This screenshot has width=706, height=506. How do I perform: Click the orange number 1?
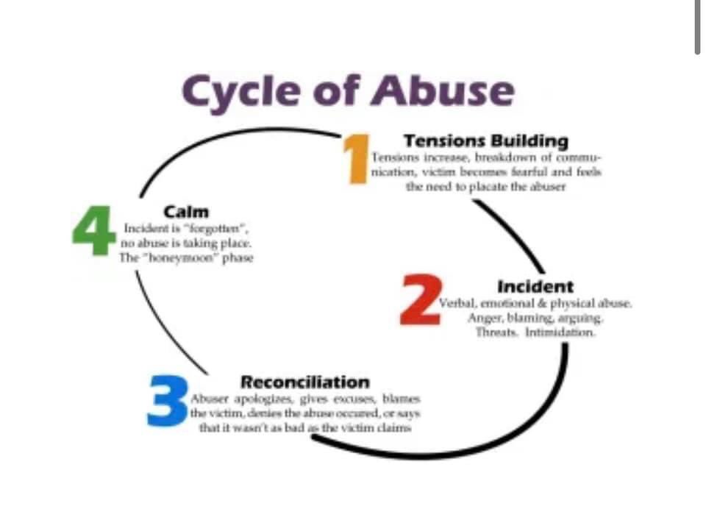tap(357, 157)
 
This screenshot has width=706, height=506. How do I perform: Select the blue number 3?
tap(168, 401)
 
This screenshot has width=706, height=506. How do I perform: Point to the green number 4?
tap(93, 230)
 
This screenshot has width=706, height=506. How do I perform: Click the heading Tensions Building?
tap(486, 140)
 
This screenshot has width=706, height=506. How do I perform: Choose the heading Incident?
tap(535, 286)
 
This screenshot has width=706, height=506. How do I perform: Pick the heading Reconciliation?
tap(305, 382)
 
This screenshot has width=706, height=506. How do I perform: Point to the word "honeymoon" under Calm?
tap(178, 257)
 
